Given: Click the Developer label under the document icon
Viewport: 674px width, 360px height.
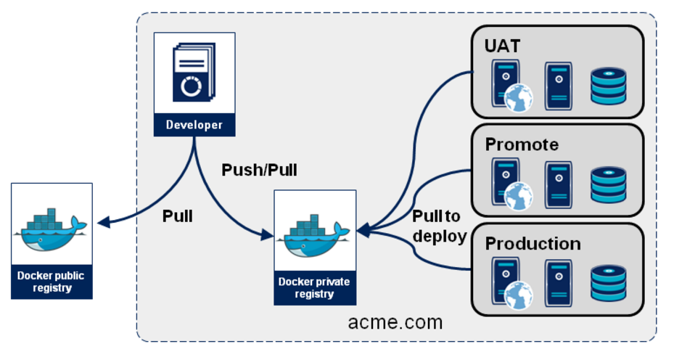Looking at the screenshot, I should point(194,125).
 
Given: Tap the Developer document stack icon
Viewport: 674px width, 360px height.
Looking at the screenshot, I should point(193,73).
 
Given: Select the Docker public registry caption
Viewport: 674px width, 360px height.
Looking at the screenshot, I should point(52,282).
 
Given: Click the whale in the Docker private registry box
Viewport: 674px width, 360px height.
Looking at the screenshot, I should point(315,234).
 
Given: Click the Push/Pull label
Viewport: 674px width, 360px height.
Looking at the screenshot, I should point(259,171).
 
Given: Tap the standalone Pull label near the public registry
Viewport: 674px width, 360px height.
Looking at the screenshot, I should point(178,216).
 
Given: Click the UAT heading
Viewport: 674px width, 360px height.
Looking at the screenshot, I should point(503,46).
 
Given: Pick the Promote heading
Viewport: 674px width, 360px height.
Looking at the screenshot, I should point(522,144).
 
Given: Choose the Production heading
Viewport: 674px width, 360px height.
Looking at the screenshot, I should point(533,243).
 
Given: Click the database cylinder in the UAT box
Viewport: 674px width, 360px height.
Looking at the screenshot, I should point(608,86).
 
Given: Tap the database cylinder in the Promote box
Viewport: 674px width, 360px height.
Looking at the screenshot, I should point(608,184).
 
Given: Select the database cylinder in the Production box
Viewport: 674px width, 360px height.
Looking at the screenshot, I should point(608,283).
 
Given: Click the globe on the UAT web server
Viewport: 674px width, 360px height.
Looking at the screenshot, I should point(519,98).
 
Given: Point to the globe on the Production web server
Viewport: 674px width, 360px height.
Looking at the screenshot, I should point(519,295).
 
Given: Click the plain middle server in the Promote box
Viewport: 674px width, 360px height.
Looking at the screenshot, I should point(558,184).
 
